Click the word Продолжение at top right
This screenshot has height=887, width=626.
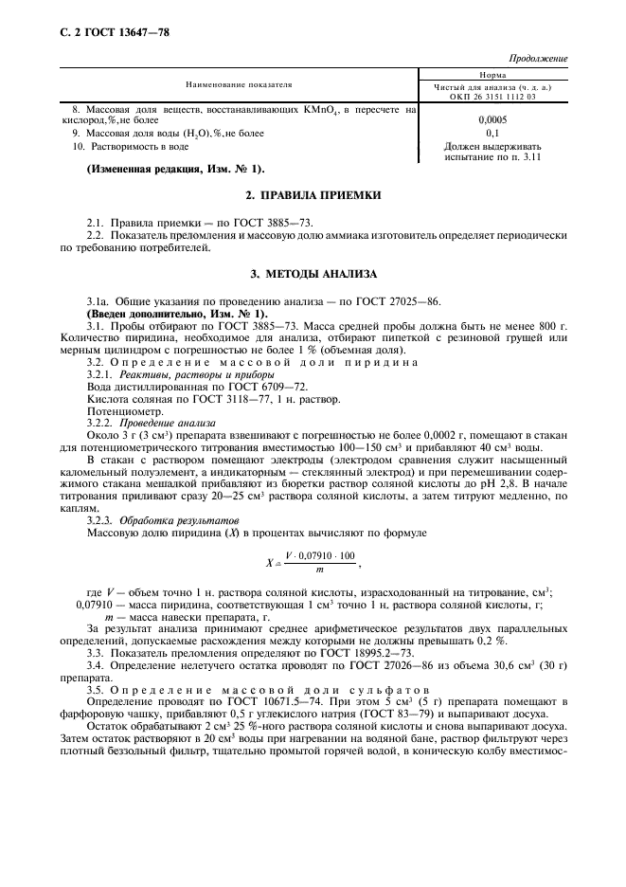[x=539, y=59]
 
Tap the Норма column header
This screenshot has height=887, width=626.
[x=492, y=74]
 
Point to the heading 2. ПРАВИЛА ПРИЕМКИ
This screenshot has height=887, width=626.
[x=313, y=194]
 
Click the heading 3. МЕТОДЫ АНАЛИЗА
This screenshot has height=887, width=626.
[x=313, y=274]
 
